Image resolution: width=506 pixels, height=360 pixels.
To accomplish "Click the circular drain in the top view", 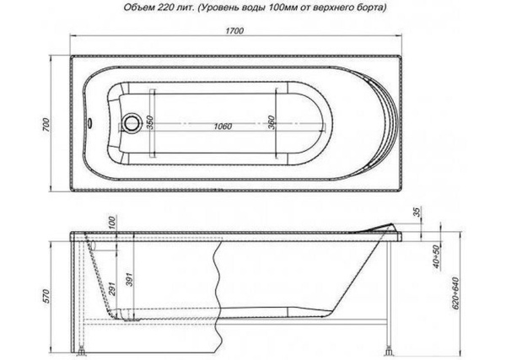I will click(131, 124).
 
